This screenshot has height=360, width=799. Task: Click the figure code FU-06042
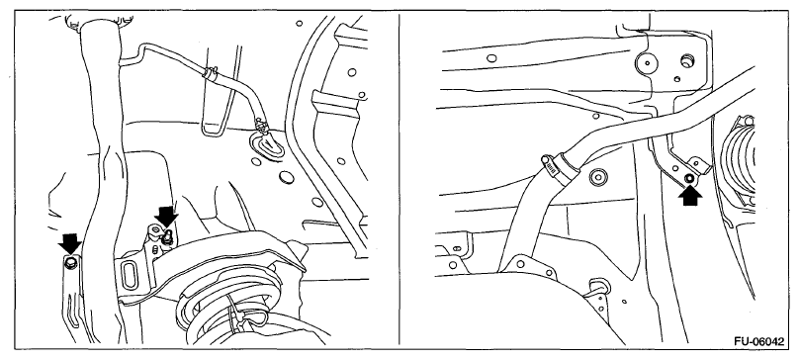pyautogui.click(x=759, y=341)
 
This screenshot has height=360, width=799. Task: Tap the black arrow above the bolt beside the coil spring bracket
pyautogui.click(x=167, y=217)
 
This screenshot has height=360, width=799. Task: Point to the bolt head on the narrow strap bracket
pyautogui.click(x=70, y=263)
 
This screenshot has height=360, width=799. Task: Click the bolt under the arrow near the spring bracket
pyautogui.click(x=167, y=235)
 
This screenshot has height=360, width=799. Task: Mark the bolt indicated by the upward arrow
pyautogui.click(x=689, y=178)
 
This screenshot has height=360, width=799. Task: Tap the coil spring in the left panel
pyautogui.click(x=229, y=310)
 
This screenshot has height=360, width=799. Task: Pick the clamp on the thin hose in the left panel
pyautogui.click(x=210, y=73)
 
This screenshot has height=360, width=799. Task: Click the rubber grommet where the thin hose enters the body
pyautogui.click(x=266, y=142)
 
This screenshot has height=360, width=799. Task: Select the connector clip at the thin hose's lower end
pyautogui.click(x=262, y=124)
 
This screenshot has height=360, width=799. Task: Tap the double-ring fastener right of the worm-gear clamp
pyautogui.click(x=597, y=177)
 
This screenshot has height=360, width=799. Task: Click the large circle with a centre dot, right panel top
pyautogui.click(x=646, y=63)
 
